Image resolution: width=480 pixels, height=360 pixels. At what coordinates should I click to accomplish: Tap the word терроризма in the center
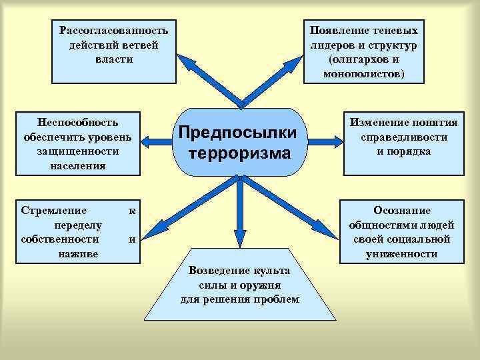click(240, 153)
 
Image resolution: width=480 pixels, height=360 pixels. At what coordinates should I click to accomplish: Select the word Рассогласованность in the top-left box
click(113, 31)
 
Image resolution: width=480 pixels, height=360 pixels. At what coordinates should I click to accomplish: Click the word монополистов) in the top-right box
click(363, 73)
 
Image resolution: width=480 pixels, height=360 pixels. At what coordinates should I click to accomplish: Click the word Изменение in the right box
click(379, 122)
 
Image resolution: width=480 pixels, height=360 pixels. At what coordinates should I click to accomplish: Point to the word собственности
click(60, 239)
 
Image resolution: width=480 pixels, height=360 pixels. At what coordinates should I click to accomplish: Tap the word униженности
click(402, 253)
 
